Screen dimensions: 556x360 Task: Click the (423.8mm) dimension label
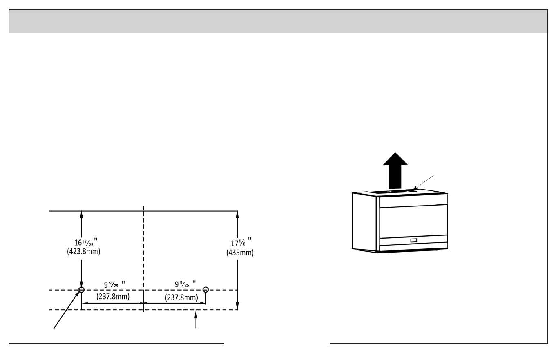84,251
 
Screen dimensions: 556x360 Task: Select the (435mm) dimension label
240,253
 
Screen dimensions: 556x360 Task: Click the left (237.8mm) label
113,296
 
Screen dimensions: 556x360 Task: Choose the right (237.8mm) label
181,297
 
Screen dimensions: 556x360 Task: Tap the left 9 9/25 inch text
114,284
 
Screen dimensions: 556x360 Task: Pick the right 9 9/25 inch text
185,284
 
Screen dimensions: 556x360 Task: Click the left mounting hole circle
81,290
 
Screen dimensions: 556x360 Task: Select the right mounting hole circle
205,289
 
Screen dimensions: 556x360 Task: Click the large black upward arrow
395,171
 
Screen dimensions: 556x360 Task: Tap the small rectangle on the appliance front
414,240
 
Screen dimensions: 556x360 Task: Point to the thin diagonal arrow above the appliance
423,183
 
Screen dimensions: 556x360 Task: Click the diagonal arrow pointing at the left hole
67,309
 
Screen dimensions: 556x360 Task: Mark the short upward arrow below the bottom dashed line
196,319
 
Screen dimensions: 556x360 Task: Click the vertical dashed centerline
143,259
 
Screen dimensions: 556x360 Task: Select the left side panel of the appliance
364,222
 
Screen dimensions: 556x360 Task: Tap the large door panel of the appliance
413,222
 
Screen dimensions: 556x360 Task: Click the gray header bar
278,21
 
